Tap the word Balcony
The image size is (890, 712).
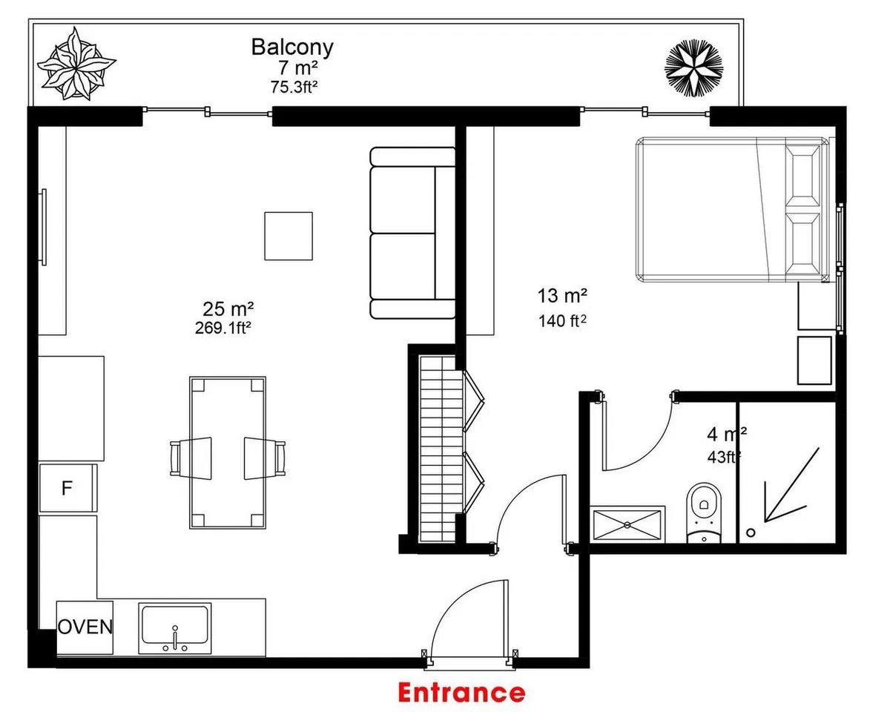[x=292, y=47]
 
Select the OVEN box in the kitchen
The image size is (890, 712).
[x=85, y=627]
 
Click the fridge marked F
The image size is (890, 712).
[x=67, y=488]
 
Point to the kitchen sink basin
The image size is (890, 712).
[x=175, y=628]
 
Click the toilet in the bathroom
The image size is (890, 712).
[x=704, y=512]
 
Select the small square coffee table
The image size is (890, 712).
[x=289, y=237]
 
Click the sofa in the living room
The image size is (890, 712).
[x=412, y=233]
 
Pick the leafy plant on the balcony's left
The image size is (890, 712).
[x=76, y=64]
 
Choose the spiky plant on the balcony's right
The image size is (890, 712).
[x=693, y=67]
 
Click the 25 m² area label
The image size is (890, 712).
[x=228, y=309]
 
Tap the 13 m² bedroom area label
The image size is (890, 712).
[x=562, y=296]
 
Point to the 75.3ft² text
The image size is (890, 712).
[x=294, y=88]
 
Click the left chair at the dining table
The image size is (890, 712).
[x=191, y=458]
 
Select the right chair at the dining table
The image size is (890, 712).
[x=265, y=458]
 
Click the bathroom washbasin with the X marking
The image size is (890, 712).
[x=627, y=524]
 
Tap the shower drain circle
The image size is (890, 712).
[x=751, y=533]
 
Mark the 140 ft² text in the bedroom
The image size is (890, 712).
[x=562, y=321]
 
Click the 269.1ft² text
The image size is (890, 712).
[x=223, y=328]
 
